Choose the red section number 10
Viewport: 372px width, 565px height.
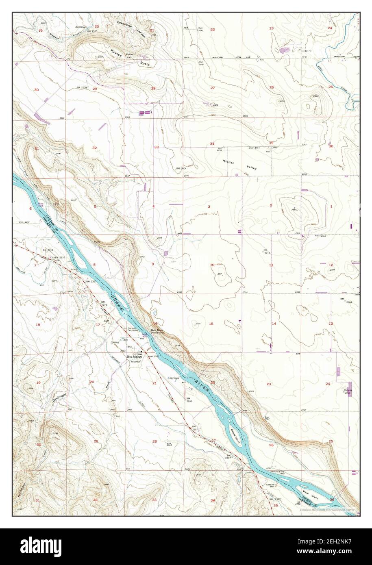click(212, 265)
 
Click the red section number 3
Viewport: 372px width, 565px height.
click(209, 206)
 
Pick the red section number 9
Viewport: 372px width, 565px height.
click(153, 264)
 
